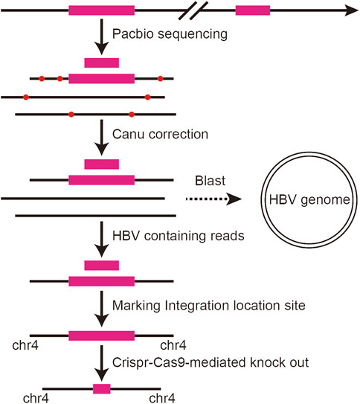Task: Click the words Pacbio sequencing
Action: point(170,34)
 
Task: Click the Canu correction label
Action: point(160,134)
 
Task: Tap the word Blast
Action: point(210,181)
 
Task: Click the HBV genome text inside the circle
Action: point(309,199)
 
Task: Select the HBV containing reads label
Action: point(179,236)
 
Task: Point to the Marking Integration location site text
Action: point(209,306)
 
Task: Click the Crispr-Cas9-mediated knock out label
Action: point(210,362)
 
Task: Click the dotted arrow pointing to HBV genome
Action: point(213,199)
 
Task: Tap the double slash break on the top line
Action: point(193,10)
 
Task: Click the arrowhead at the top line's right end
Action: point(352,10)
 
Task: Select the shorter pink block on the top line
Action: point(253,10)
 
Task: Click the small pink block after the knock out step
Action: point(102,389)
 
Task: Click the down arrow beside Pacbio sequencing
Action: point(102,36)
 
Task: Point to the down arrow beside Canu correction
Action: point(102,138)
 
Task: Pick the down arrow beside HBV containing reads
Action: point(102,239)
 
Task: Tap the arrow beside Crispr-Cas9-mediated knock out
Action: point(102,363)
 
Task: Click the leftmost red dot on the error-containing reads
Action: point(26,97)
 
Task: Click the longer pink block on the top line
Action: point(101,10)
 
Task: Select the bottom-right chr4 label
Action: point(162,398)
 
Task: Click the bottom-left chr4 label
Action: point(36,398)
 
